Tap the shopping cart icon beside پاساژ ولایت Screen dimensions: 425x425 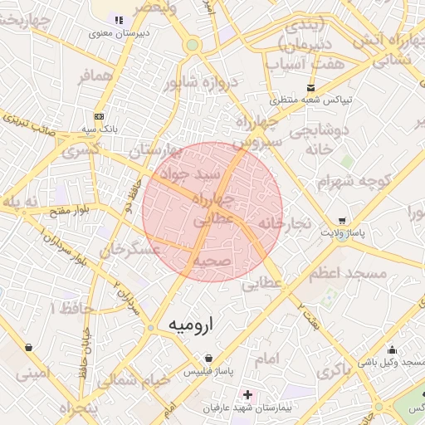(x=341, y=221)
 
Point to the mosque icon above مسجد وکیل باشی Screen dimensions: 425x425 (x=391, y=349)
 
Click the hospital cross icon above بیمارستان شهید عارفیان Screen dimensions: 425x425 (x=247, y=392)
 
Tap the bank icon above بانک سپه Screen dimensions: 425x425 (x=100, y=117)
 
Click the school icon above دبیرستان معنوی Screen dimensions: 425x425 (x=119, y=20)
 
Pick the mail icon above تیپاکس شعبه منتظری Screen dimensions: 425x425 (x=310, y=87)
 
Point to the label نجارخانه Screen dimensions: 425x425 (x=283, y=223)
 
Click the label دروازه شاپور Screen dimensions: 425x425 (x=201, y=82)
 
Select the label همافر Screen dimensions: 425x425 (x=94, y=76)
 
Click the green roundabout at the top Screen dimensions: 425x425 (x=193, y=45)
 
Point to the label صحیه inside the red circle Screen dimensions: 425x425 (x=212, y=260)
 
